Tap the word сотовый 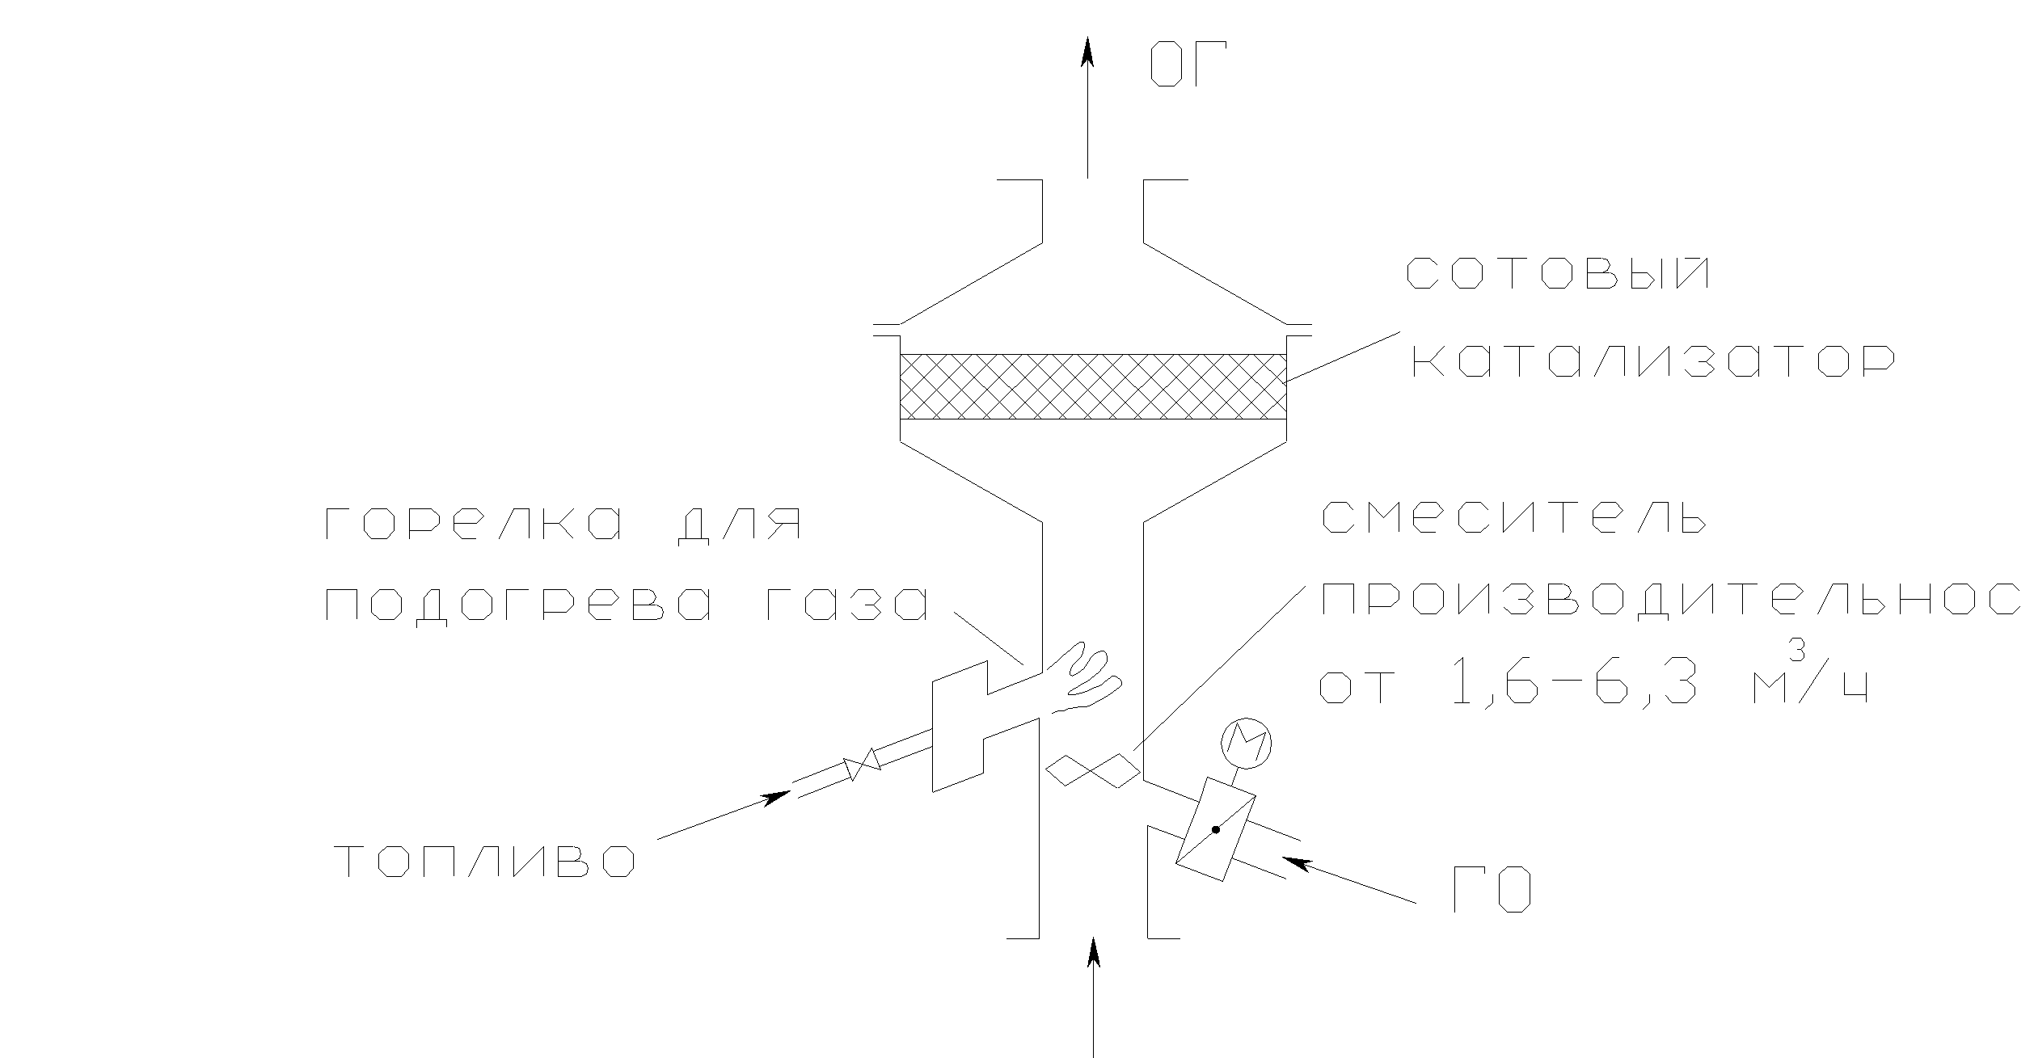[1559, 274]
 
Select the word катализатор [1653, 361]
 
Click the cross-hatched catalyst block [1093, 386]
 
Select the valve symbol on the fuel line [862, 763]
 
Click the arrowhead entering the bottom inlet [1094, 951]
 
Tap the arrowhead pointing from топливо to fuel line [776, 798]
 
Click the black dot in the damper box [1215, 829]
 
